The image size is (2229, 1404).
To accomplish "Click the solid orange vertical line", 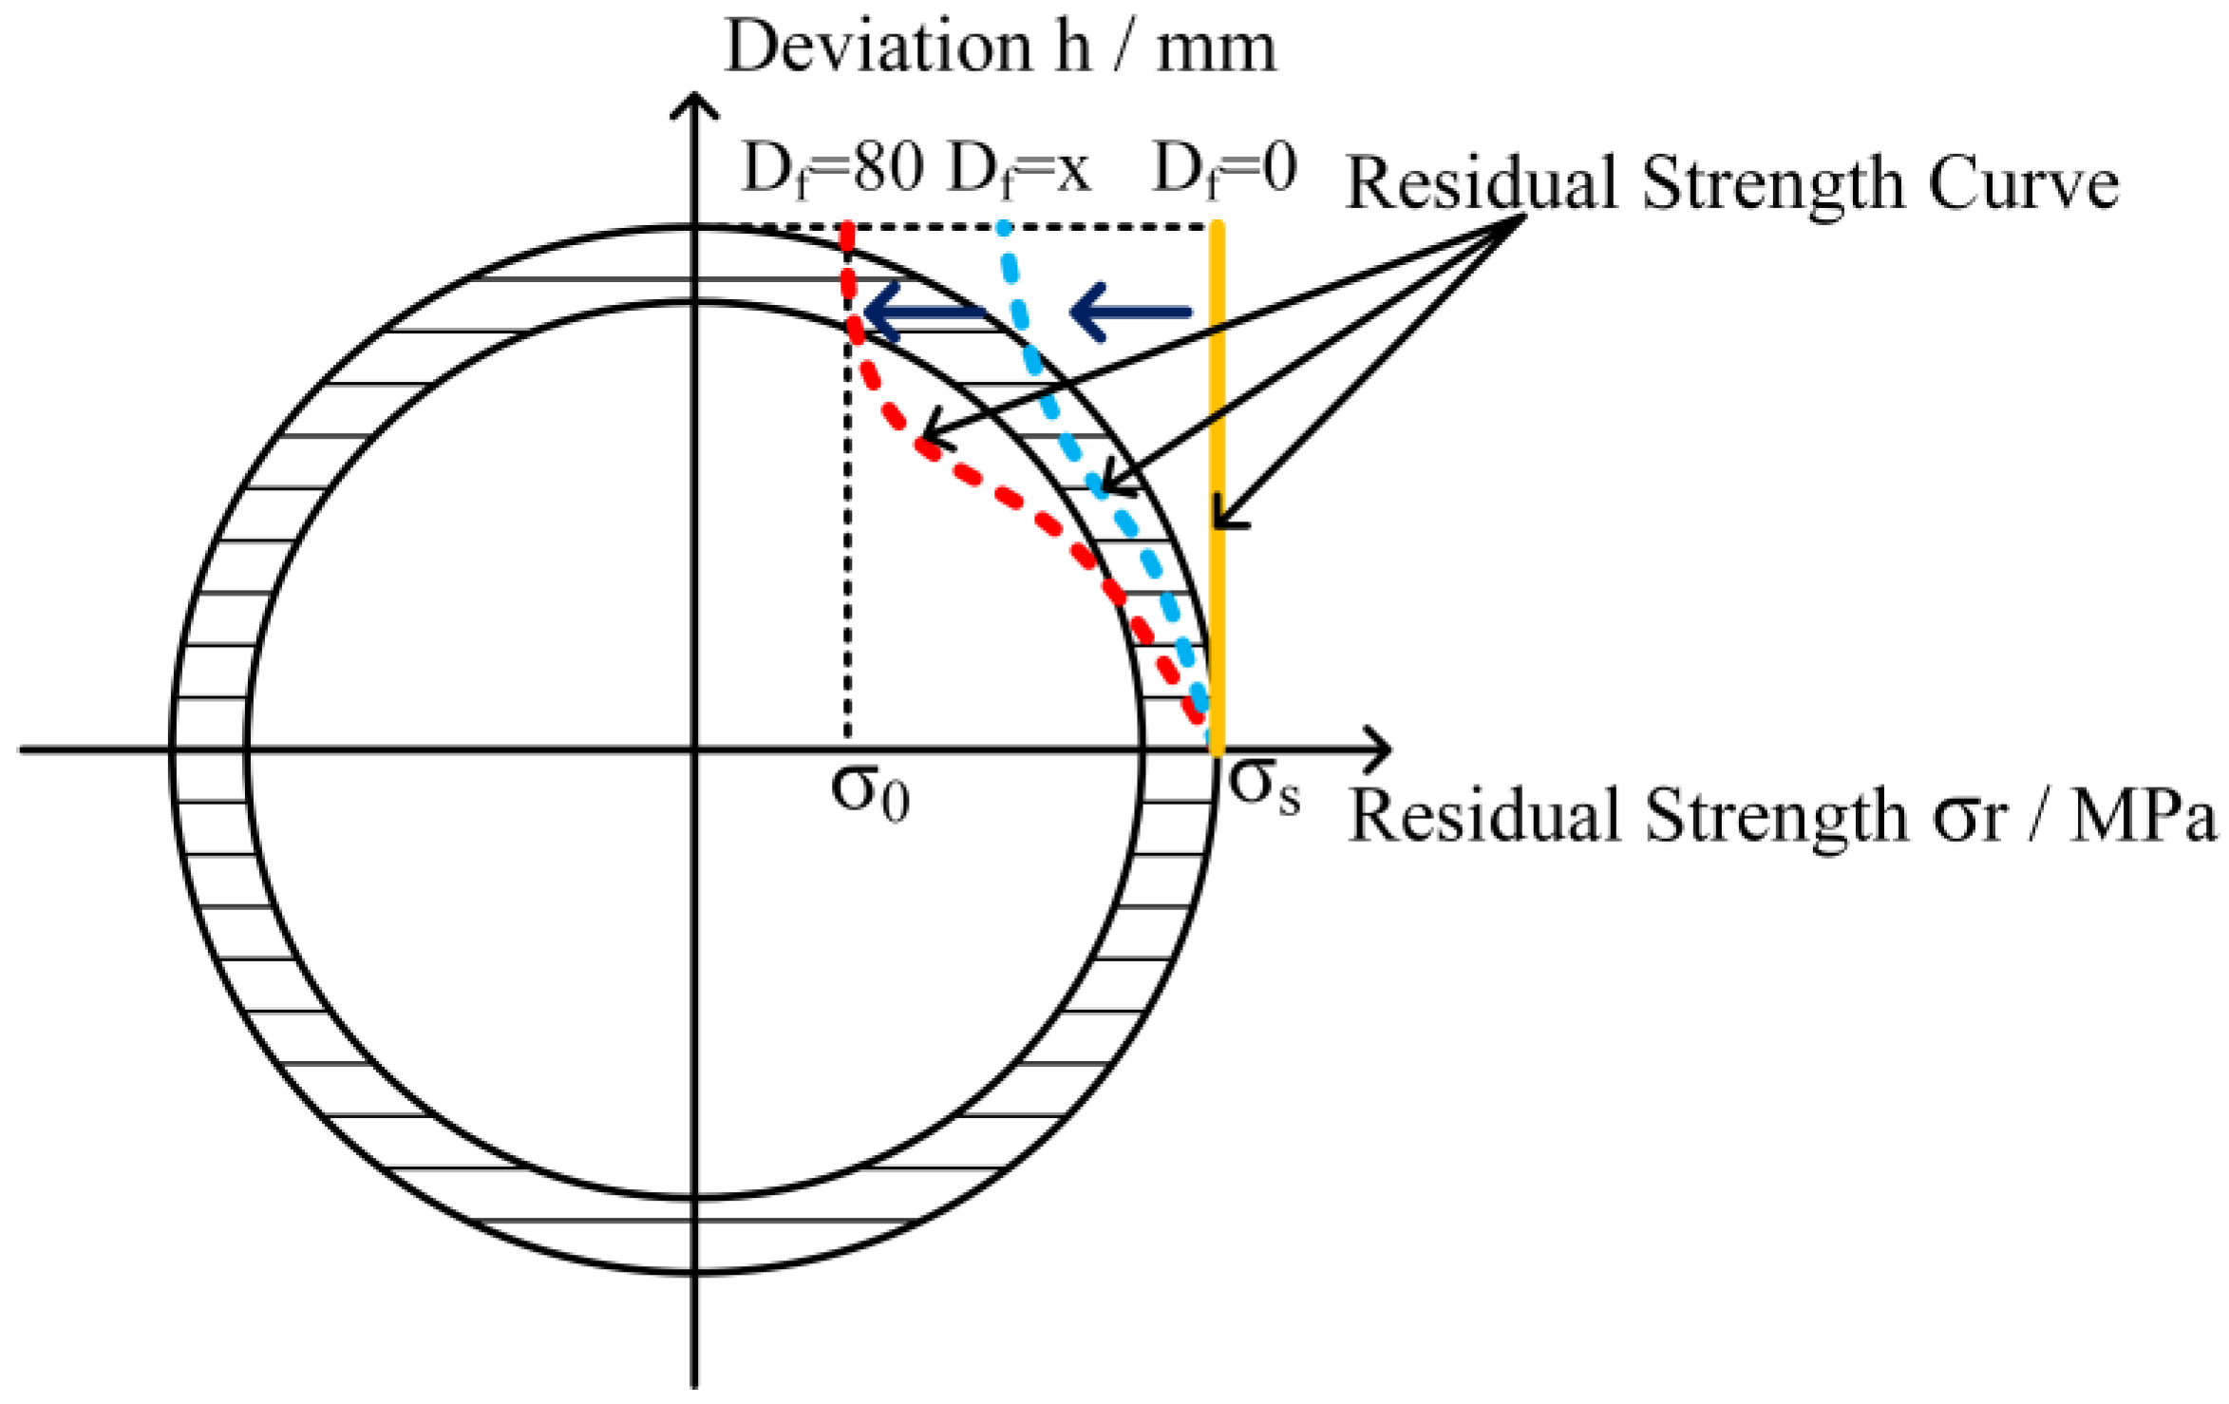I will coord(1218,427).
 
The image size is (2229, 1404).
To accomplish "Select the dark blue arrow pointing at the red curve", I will coord(921,313).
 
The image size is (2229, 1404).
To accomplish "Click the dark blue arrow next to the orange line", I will coord(1130,312).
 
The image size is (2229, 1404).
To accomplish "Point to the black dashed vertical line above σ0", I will coord(847,570).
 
